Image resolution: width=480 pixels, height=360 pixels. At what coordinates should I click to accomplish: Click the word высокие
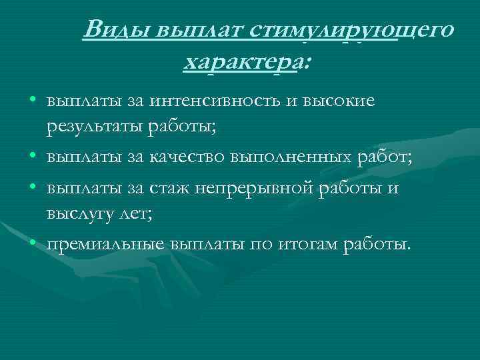[x=339, y=101]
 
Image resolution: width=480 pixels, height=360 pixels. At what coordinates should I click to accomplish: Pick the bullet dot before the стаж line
[x=33, y=188]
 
